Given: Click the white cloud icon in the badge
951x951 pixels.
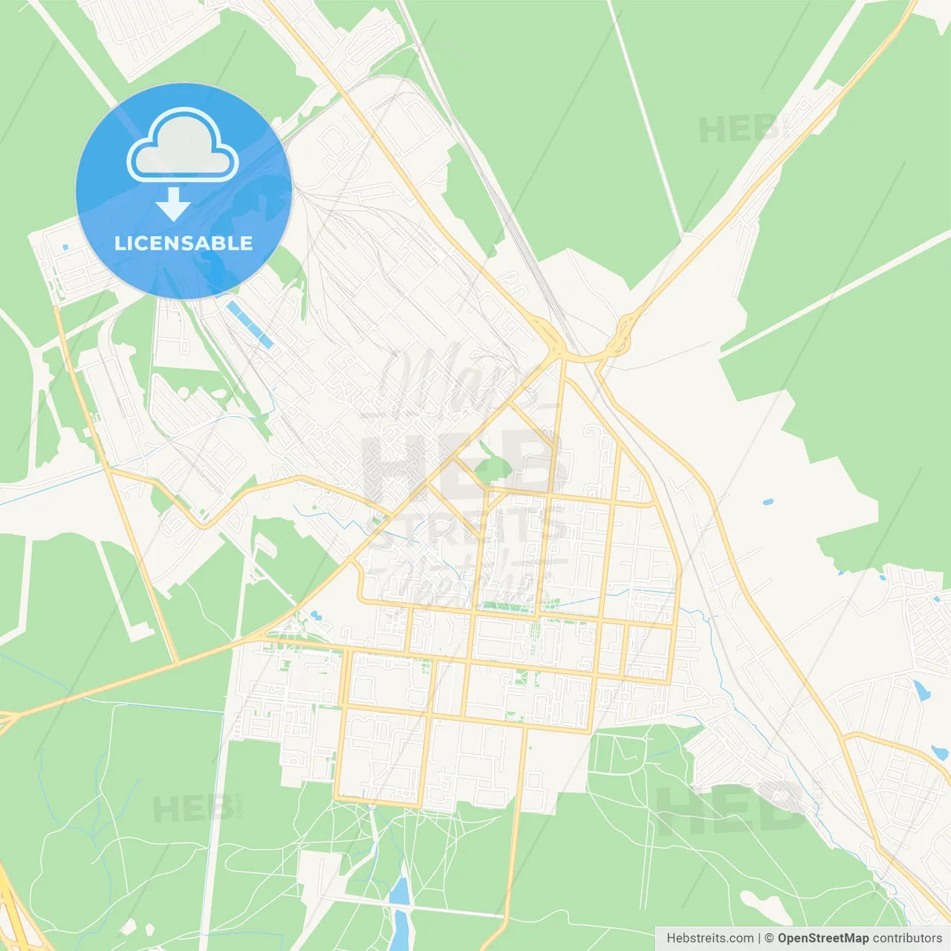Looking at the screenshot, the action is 183,146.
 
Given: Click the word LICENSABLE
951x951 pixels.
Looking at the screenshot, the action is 184,243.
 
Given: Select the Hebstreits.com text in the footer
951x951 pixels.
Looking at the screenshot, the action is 710,938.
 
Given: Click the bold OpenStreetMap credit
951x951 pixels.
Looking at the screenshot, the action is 822,938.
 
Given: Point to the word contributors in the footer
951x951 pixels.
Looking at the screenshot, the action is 907,938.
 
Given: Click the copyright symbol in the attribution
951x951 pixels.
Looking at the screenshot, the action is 769,938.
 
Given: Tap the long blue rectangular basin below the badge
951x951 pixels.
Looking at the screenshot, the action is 250,325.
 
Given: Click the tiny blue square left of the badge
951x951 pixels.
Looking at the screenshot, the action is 65,247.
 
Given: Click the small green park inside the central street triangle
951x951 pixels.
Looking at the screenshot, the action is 492,469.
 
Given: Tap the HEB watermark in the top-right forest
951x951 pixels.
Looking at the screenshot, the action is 739,130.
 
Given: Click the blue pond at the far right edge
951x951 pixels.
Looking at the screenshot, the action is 921,691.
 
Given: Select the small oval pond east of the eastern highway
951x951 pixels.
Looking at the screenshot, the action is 767,502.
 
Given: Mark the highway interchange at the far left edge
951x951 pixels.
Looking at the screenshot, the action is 7,719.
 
